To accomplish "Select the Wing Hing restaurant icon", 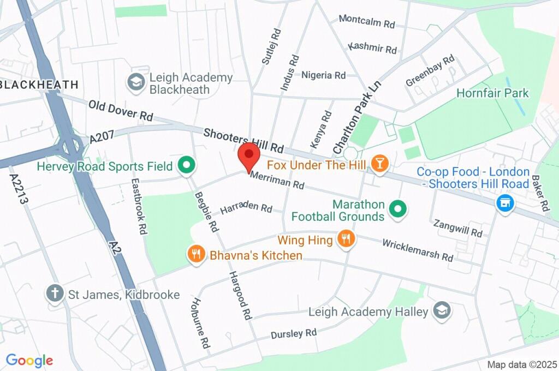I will click(345, 238).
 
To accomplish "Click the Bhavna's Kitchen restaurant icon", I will click(196, 253).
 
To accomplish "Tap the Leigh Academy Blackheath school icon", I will click(135, 83).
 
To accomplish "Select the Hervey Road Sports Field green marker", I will click(187, 165).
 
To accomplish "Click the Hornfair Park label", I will click(493, 93).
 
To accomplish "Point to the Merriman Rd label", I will click(277, 181).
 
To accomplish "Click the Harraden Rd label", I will click(246, 208).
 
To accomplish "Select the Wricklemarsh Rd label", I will click(418, 249).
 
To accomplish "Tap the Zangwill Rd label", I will click(457, 228).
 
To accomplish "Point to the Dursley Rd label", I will click(294, 333).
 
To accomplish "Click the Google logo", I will click(29, 360).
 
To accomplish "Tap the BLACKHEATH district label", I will click(39, 85).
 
